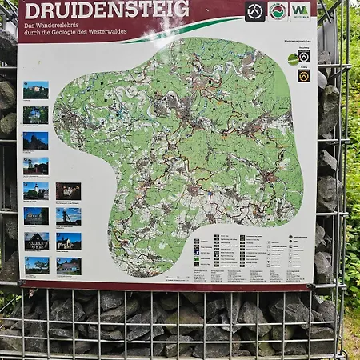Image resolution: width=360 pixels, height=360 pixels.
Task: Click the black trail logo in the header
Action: point(255,10)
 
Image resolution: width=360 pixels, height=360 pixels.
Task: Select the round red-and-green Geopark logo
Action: point(278,10)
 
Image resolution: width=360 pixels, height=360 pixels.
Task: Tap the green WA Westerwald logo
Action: point(300,10)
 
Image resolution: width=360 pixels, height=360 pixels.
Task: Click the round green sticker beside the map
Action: point(293,58)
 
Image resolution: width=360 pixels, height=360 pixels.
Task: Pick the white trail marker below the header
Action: point(304,57)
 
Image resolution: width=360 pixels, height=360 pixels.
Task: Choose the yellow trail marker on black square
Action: point(304,75)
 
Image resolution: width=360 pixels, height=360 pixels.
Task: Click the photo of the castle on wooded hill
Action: point(35,90)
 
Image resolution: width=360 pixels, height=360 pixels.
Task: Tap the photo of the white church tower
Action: point(36,190)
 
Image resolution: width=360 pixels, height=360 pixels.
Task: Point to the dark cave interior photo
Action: point(68,190)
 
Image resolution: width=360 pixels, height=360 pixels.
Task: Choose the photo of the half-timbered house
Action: point(36,241)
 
